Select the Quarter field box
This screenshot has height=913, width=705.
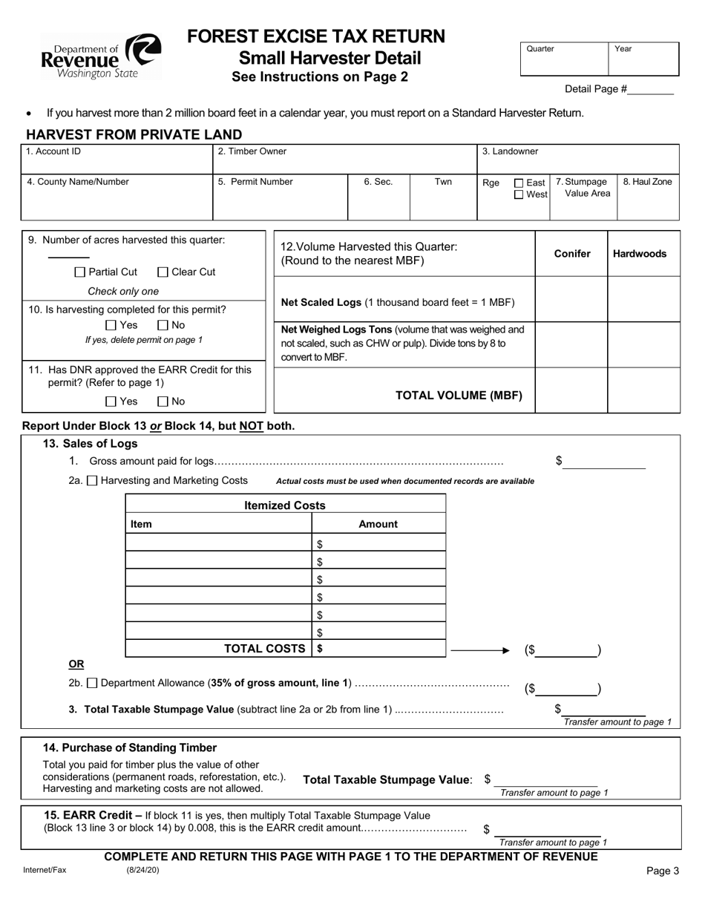click(564, 59)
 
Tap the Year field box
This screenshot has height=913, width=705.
click(643, 59)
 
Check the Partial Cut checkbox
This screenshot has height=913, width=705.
click(81, 272)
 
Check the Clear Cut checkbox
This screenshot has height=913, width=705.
click(164, 272)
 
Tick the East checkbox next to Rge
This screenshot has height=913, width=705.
click(519, 183)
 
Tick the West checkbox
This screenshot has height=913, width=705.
click(519, 195)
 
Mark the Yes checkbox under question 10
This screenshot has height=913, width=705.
click(111, 325)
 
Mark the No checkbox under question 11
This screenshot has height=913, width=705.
click(163, 402)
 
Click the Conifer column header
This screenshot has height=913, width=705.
click(572, 254)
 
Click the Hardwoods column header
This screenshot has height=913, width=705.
click(639, 254)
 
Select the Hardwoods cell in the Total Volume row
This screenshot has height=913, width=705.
click(643, 390)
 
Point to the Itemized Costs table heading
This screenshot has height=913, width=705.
click(285, 505)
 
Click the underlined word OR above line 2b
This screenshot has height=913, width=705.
click(76, 664)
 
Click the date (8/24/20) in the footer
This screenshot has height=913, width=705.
click(142, 871)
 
